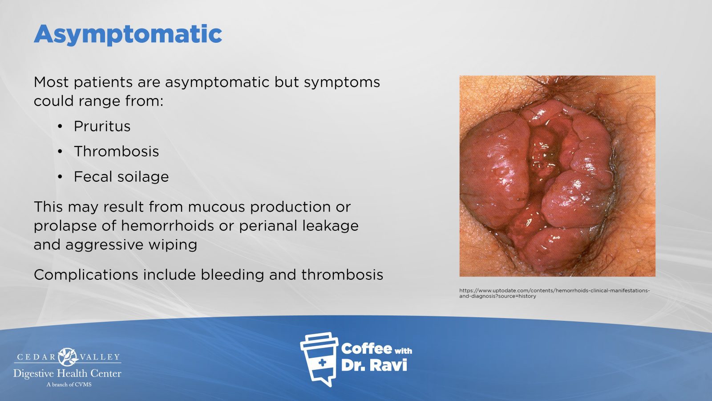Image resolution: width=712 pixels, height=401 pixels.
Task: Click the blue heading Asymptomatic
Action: [x=128, y=34]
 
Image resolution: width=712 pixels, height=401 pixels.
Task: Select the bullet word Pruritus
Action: [x=102, y=127]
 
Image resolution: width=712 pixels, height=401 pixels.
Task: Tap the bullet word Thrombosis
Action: [x=116, y=151]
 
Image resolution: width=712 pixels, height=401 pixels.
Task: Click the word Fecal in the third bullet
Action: [x=93, y=176]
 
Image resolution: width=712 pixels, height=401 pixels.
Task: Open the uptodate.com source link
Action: [x=554, y=293]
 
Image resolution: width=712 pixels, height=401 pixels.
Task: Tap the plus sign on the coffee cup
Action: [x=322, y=362]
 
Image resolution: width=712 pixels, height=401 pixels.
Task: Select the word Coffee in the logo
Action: [x=367, y=349]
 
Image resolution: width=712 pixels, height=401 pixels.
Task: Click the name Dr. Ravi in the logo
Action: [x=374, y=365]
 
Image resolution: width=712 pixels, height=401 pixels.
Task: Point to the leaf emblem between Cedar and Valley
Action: [x=68, y=357]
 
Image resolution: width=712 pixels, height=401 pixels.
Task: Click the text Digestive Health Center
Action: [x=67, y=374]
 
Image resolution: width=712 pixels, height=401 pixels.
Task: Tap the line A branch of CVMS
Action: [x=69, y=385]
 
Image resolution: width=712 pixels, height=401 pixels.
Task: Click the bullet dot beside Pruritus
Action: [x=60, y=127]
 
